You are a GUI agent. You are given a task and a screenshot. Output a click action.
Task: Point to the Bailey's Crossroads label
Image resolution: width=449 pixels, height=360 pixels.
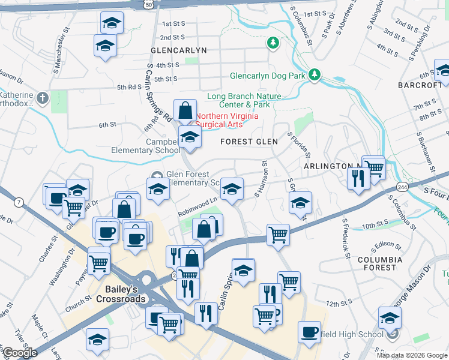(x=117, y=293)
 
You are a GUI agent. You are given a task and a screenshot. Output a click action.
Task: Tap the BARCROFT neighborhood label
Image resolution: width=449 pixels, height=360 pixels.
(x=420, y=85)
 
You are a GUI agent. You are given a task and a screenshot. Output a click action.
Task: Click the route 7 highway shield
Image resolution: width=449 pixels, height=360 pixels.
(x=19, y=202)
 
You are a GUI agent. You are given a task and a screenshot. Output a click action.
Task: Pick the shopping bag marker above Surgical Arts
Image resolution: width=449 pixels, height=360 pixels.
(x=185, y=110)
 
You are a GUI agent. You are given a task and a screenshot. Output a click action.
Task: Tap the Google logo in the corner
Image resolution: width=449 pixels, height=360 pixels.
(x=20, y=353)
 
